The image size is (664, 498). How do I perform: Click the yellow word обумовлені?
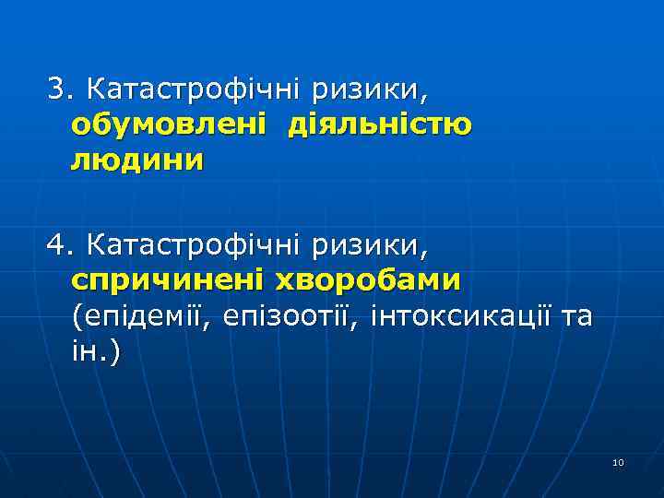170,125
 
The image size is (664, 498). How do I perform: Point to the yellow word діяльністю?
379,125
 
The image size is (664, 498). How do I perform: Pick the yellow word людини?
136,160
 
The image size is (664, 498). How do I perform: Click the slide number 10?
618,462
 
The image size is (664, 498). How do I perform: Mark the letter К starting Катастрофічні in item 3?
91,90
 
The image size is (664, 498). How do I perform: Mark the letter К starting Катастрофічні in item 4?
91,246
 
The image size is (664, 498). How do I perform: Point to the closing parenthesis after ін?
114,353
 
